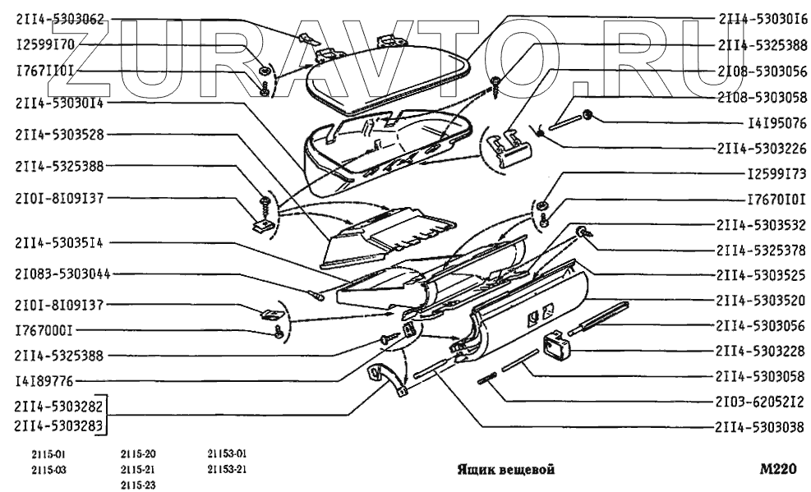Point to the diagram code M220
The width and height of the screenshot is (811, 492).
pyautogui.click(x=778, y=470)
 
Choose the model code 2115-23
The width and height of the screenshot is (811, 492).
pyautogui.click(x=138, y=484)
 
